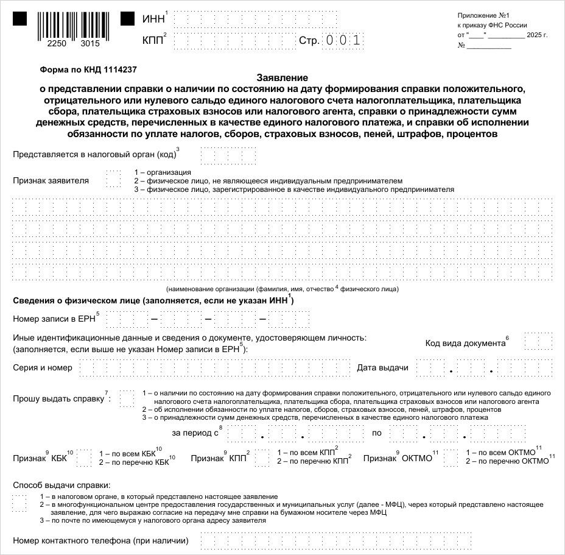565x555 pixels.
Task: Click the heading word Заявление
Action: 282,78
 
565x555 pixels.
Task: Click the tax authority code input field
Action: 228,155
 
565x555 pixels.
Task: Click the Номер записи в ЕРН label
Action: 54,319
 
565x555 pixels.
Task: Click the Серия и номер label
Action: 43,367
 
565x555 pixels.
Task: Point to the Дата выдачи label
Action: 382,367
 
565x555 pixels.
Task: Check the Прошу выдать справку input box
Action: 127,398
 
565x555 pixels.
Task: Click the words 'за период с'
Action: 195,433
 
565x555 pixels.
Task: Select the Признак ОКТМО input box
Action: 451,458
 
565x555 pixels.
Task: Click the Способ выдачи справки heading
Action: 62,485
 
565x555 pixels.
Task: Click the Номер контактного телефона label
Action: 100,540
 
